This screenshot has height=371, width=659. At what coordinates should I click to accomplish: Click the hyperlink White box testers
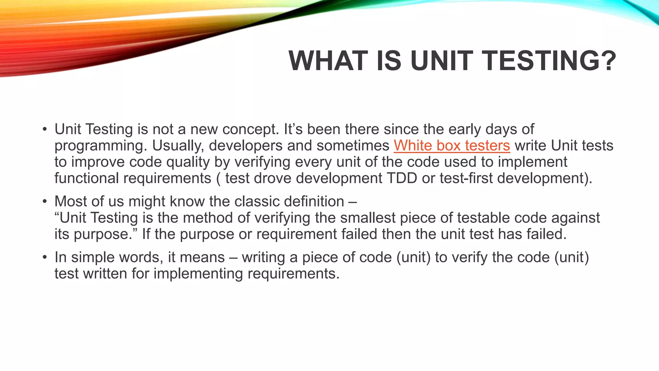452,146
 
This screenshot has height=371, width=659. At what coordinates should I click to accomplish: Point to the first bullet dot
45,130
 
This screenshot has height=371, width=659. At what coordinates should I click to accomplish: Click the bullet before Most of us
45,202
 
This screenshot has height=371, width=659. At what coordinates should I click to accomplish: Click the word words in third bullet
141,257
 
